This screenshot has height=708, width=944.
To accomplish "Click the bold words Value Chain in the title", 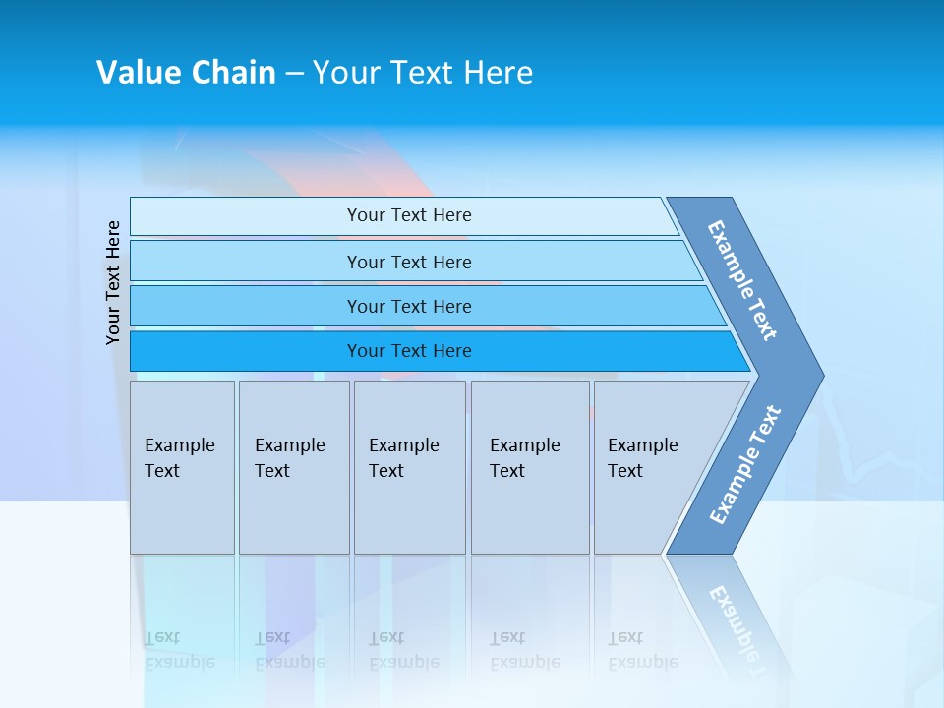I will (x=186, y=73).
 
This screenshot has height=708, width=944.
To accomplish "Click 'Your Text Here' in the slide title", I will (x=423, y=73).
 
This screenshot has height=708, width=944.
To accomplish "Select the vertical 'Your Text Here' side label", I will (x=113, y=282).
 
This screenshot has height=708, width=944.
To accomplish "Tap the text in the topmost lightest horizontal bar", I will (x=409, y=215).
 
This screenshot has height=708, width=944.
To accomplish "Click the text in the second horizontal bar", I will (x=409, y=263).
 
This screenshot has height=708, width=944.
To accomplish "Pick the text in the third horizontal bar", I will (x=409, y=307).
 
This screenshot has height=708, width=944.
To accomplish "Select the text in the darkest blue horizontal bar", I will (x=409, y=351).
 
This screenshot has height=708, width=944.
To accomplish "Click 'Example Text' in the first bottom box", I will (x=179, y=458).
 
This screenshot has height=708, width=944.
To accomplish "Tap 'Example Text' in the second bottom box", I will (x=289, y=458).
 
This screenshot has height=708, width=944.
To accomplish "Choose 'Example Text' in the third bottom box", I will (x=403, y=458).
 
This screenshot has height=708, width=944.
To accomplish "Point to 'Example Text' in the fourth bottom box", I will (x=524, y=458).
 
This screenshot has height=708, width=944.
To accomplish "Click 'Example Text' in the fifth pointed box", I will (x=642, y=458).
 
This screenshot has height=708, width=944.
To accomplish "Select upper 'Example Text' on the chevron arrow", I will (x=742, y=280).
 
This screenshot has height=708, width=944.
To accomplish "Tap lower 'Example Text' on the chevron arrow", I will (x=745, y=465).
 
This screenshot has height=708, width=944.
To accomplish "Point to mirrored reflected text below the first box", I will (x=179, y=649).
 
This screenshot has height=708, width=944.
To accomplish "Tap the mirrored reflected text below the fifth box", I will (x=642, y=649).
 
